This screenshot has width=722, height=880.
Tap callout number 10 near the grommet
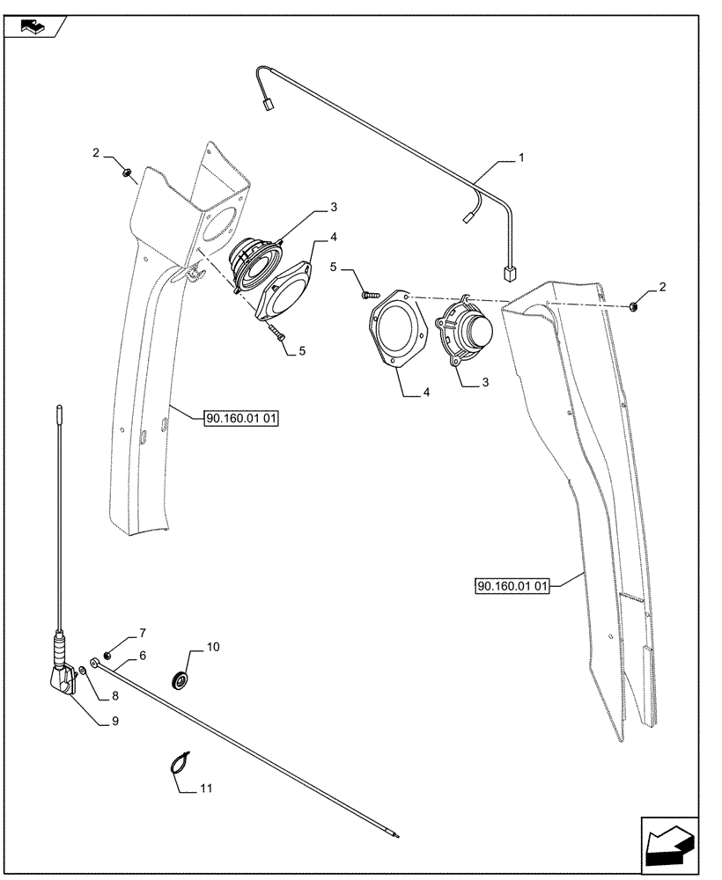212,647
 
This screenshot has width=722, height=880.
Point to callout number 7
141,633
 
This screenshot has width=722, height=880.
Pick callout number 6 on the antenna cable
141,656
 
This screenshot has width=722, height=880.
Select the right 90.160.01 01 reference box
512,585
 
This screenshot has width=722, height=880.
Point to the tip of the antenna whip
58,408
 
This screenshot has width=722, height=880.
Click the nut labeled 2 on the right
634,306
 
